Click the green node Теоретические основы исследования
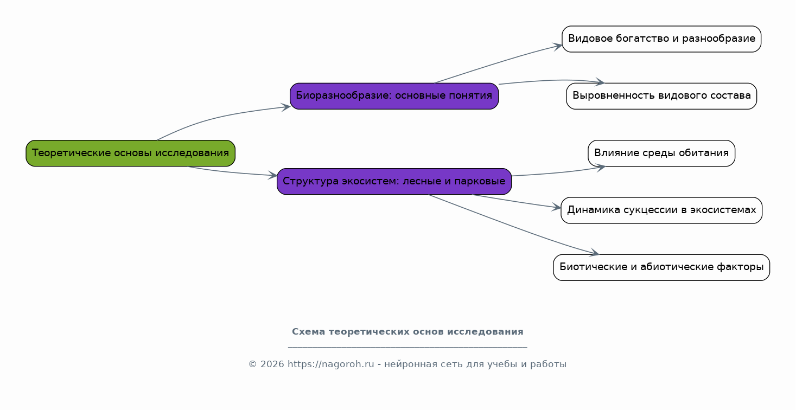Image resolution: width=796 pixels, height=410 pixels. point(130,153)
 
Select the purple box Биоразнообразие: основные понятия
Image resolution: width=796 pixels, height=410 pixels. point(394,96)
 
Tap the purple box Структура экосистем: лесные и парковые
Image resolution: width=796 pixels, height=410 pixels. point(394,181)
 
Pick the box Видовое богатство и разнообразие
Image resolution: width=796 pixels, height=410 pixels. point(661,39)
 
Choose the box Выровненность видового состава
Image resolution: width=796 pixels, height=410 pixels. point(661,96)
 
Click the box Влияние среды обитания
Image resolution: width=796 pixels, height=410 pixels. point(661,153)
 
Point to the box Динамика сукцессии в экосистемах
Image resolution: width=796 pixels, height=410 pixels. point(661,210)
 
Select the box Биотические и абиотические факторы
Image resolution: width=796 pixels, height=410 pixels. point(661,267)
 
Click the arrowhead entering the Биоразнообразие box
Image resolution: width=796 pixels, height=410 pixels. point(286,107)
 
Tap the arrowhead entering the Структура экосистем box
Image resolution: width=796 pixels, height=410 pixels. point(272,175)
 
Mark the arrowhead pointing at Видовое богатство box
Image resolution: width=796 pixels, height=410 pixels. point(557,46)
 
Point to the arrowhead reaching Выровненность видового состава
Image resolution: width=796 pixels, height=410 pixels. point(600,82)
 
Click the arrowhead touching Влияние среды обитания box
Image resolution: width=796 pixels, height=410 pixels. point(601,167)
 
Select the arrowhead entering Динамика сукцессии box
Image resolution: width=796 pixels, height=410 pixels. point(556,208)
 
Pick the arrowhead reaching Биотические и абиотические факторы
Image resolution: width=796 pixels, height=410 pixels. point(594,253)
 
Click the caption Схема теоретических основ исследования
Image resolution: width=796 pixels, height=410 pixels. point(407,331)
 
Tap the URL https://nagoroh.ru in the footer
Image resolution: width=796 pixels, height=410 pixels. point(330,364)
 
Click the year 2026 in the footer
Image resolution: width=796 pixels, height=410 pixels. point(272,364)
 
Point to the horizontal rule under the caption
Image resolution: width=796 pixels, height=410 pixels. point(407,347)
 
